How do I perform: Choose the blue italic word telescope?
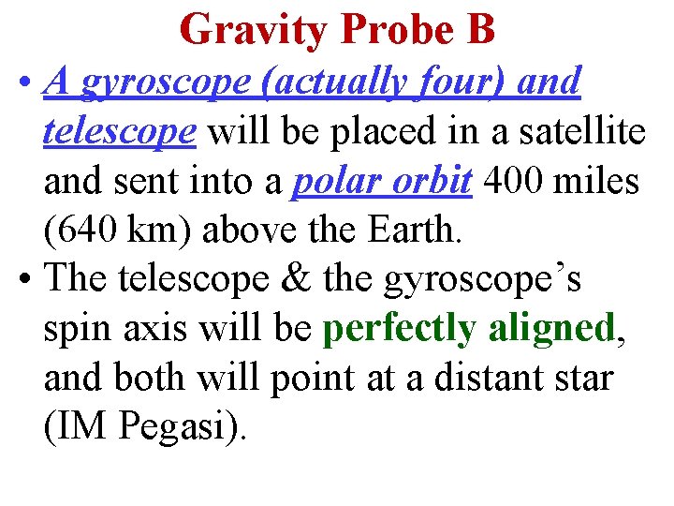[x=120, y=132]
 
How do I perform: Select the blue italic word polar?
[x=332, y=181]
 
